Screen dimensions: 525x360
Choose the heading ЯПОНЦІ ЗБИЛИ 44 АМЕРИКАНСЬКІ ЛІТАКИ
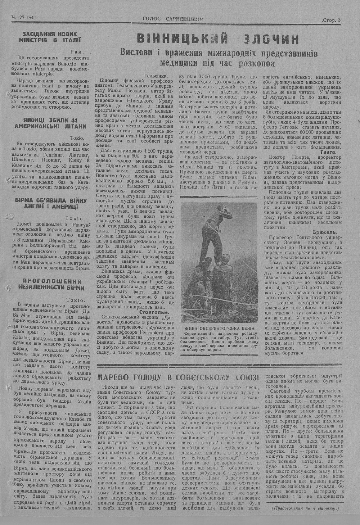50,123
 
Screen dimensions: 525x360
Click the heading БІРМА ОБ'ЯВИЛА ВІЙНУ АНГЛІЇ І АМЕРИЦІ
50,204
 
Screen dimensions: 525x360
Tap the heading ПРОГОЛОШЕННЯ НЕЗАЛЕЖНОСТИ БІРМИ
50,284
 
